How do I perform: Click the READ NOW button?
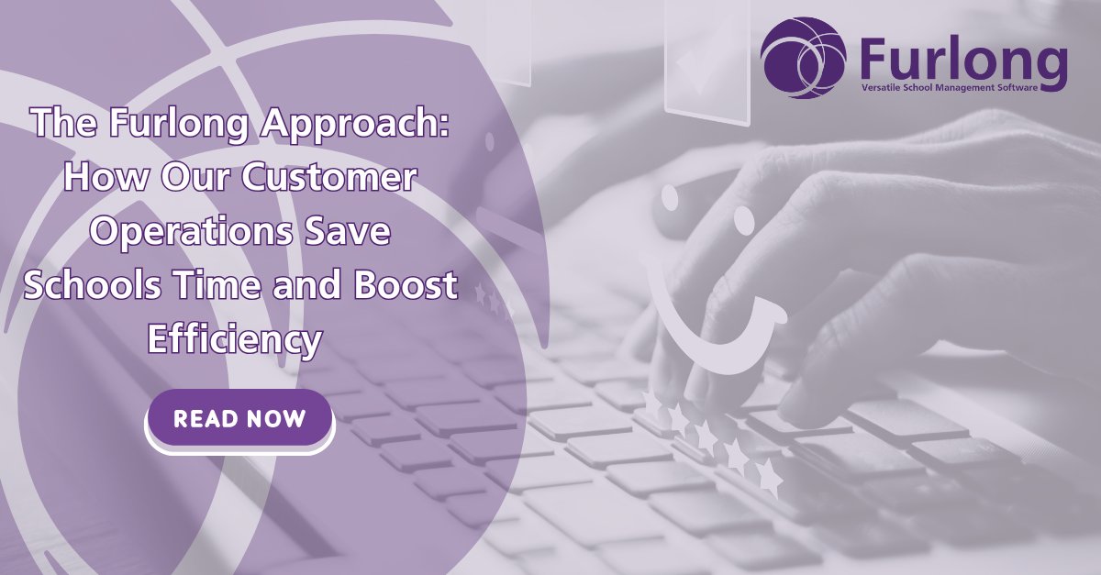point(239,419)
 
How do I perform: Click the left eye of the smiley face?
point(670,197)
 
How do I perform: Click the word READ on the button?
point(205,419)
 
